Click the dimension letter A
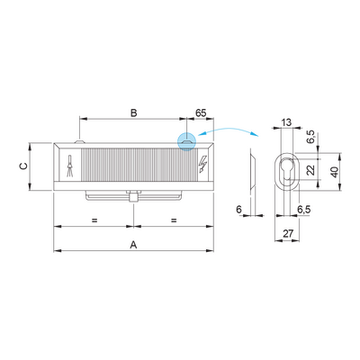pyautogui.click(x=133, y=245)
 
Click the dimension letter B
pyautogui.click(x=134, y=113)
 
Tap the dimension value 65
pyautogui.click(x=201, y=113)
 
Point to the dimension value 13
pyautogui.click(x=286, y=122)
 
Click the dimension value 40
pyautogui.click(x=335, y=172)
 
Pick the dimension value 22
pyautogui.click(x=310, y=170)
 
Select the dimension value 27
pyautogui.click(x=288, y=233)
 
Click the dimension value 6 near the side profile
pyautogui.click(x=238, y=210)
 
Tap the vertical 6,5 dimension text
pyautogui.click(x=311, y=137)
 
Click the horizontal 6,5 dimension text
pyautogui.click(x=304, y=210)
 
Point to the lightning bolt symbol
pyautogui.click(x=203, y=165)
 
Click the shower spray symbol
pyautogui.click(x=70, y=166)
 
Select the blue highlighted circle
pyautogui.click(x=186, y=141)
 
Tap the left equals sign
pyautogui.click(x=94, y=220)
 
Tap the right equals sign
pyautogui.click(x=174, y=220)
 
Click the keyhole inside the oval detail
pyautogui.click(x=287, y=170)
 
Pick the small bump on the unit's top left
pyautogui.click(x=79, y=140)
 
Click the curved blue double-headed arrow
pyautogui.click(x=229, y=130)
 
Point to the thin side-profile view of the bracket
pyautogui.click(x=252, y=170)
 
